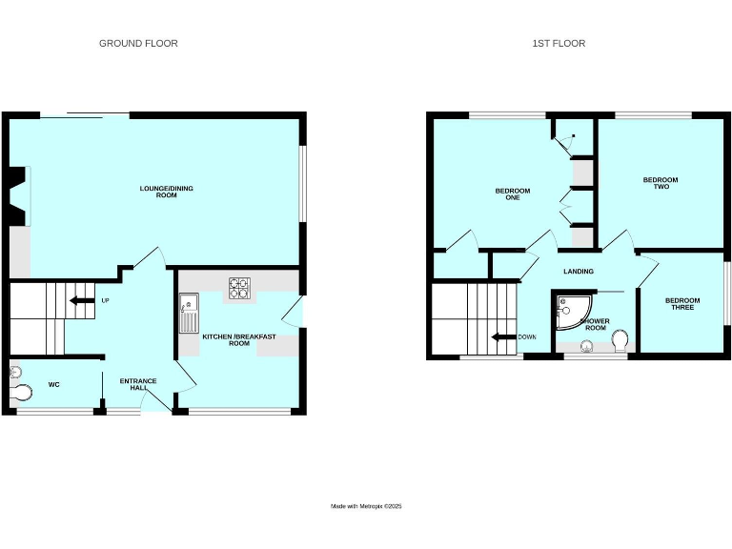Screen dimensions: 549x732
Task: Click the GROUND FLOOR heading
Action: (138, 43)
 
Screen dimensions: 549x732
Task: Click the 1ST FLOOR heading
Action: (559, 43)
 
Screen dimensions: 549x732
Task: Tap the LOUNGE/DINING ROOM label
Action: (167, 192)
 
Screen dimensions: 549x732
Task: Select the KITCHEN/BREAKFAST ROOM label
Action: (226, 339)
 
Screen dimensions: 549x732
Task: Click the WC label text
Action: (53, 386)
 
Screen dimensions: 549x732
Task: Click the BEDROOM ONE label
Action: (512, 194)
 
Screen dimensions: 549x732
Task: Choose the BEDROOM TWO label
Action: (660, 183)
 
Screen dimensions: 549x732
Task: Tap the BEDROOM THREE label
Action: (682, 304)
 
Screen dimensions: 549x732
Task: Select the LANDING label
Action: (579, 272)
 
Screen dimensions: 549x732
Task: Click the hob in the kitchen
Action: (237, 287)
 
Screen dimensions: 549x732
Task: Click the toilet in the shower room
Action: (620, 339)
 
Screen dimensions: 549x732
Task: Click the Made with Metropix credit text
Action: (366, 506)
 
